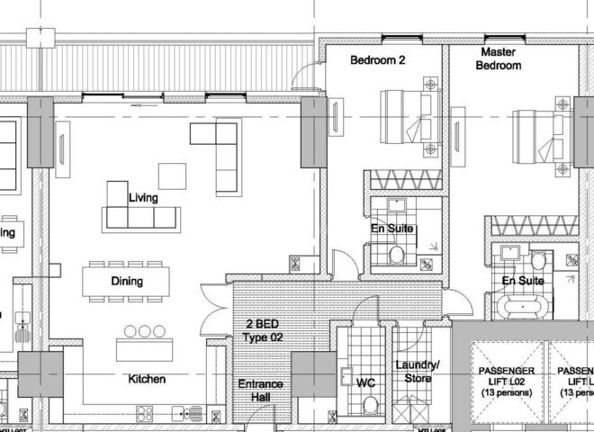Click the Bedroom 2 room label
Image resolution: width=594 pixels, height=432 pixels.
[378, 60]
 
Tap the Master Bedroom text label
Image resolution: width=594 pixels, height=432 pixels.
[498, 59]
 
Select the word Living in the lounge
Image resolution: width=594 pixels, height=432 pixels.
[143, 197]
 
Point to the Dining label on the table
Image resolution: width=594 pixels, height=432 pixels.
[127, 281]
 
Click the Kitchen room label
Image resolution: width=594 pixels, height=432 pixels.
[146, 379]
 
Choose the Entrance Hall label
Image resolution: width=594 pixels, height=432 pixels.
[260, 391]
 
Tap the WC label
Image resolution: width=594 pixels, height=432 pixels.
[365, 382]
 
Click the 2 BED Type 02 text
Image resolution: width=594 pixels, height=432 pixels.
[263, 329]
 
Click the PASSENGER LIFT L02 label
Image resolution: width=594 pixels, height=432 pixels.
[507, 382]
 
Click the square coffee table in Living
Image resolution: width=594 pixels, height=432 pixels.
[172, 175]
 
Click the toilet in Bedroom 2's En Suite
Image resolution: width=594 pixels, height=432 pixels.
[397, 256]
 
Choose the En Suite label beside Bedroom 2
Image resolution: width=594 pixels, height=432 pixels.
[392, 229]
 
